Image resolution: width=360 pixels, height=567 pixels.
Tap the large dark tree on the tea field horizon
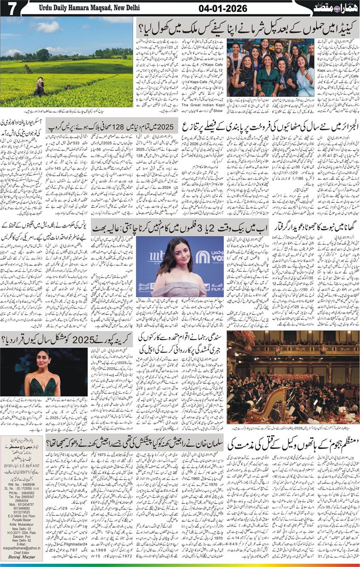click(43, 55)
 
